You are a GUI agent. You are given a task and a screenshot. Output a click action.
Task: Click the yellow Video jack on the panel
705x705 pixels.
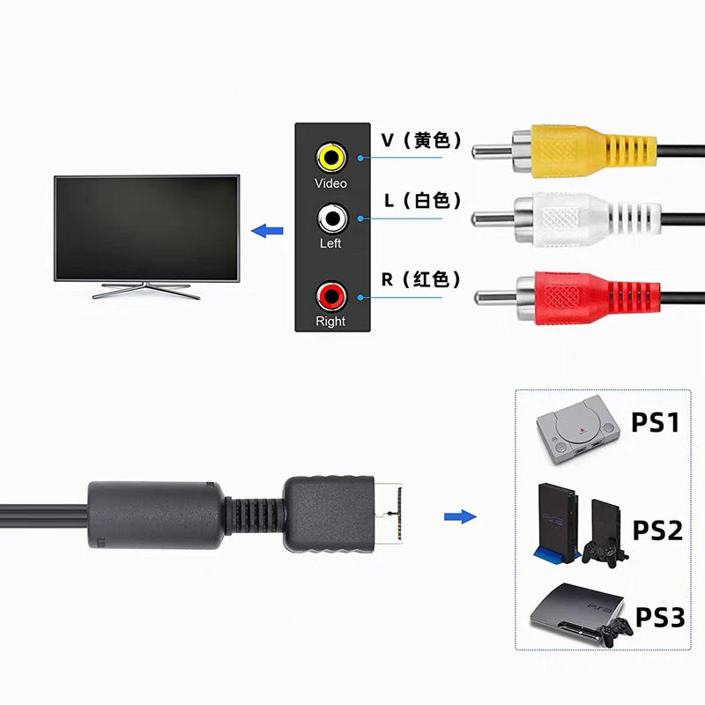point(331,158)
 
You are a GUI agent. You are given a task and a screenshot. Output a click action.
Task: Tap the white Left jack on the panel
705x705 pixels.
point(332,219)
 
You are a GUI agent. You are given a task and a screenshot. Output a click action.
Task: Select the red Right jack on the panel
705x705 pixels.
point(331,296)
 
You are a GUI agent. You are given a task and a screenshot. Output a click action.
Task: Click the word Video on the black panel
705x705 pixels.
point(330,183)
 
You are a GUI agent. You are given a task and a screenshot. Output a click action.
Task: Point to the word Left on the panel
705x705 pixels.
point(330,243)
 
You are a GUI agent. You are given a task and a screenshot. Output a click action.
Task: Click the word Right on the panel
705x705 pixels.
point(330,321)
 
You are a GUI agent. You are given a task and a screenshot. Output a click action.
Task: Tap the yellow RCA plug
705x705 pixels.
point(564,151)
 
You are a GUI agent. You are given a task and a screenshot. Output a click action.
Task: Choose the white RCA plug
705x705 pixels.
point(567,219)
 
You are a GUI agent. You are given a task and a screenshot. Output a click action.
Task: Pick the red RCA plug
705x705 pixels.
point(568,297)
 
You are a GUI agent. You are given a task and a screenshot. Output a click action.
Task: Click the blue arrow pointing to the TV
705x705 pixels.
point(267,231)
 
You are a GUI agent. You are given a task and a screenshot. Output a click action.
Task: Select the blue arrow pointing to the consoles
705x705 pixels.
point(460,516)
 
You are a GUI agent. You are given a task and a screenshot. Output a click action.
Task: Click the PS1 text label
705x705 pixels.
point(655,422)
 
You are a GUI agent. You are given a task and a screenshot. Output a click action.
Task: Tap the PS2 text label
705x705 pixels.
point(657,531)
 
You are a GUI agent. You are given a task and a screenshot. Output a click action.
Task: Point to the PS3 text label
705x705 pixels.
point(660,617)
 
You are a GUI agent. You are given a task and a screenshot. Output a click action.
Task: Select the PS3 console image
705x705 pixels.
point(580,613)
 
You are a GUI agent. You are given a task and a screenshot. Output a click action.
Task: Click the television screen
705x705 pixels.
point(146,228)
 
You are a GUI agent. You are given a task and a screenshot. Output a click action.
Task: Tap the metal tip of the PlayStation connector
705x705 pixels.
point(389,514)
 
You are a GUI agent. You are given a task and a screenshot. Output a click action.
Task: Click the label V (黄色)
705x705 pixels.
point(421,140)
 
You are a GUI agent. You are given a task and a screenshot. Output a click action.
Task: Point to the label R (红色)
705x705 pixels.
point(421,279)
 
